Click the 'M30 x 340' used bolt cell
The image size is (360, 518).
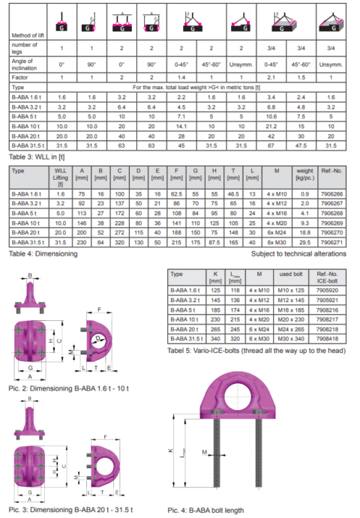click(x=288, y=337)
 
